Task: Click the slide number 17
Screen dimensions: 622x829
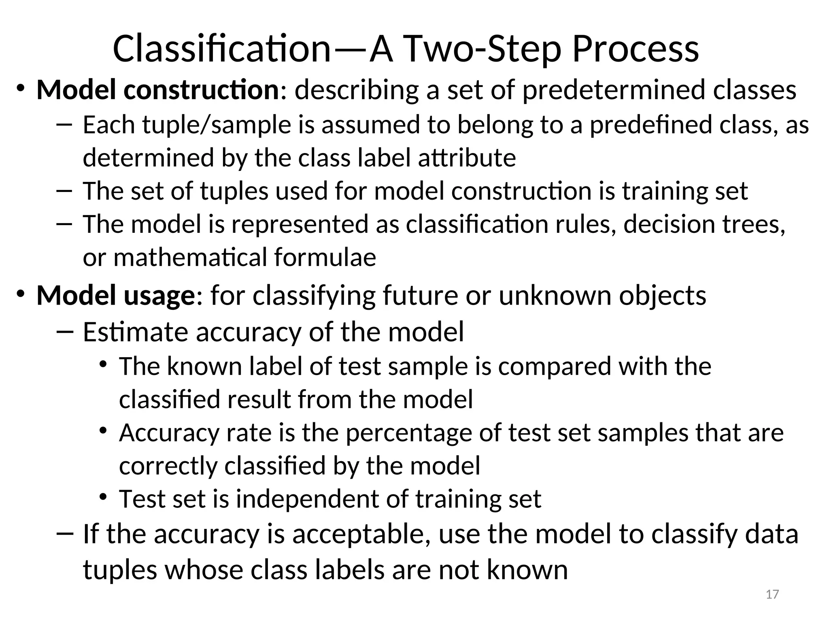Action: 772,594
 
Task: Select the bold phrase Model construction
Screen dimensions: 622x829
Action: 157,89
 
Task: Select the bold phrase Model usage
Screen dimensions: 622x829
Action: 116,295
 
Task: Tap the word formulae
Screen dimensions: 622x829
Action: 325,257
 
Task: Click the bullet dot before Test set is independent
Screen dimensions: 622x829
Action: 103,497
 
